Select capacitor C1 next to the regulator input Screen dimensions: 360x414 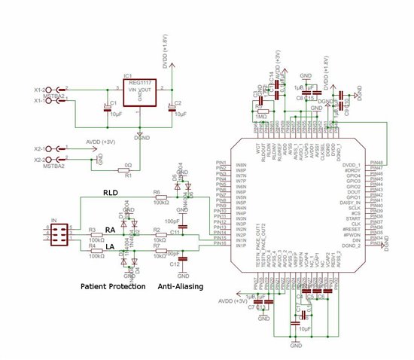coord(108,108)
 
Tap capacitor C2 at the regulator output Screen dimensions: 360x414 coord(171,108)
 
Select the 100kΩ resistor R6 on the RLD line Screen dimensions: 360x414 coord(160,197)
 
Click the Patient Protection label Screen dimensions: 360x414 coord(113,287)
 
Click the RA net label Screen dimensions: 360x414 coord(109,229)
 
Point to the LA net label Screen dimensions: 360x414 coord(109,246)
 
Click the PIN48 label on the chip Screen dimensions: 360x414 coord(373,163)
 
